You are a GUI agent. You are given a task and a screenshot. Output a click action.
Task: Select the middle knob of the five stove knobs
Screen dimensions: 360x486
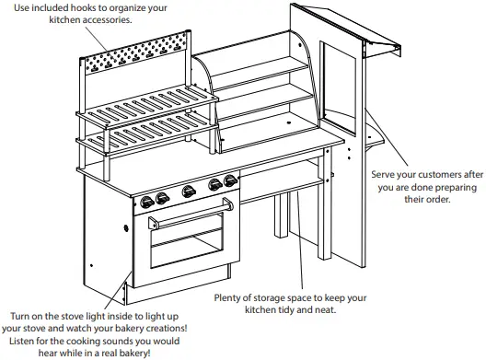189,192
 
